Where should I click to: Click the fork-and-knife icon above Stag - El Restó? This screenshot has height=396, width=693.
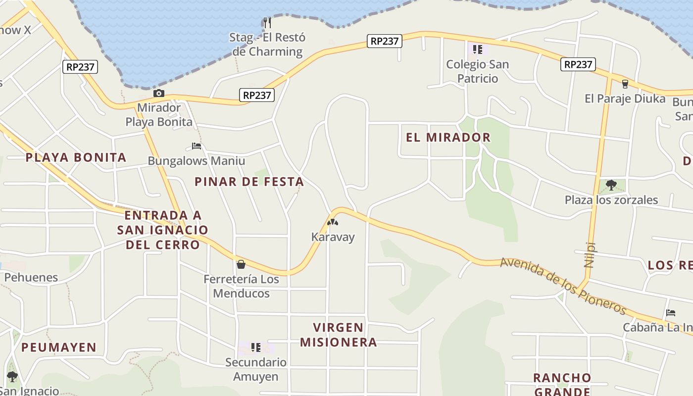267,22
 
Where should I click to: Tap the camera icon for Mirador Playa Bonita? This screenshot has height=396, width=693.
158,93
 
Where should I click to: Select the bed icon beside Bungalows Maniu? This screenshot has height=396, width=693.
197,146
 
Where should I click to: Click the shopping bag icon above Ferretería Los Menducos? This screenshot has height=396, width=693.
241,264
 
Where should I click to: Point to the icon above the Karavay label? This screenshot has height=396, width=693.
333,222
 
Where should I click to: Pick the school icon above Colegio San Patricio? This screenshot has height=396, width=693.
478,49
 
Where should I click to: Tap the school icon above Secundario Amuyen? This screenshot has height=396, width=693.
255,347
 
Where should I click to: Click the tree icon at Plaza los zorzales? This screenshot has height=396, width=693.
611,185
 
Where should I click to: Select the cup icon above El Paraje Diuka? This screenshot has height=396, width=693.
625,84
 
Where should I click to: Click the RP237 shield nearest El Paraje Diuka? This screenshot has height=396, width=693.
578,64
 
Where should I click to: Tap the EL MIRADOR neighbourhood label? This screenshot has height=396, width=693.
448,138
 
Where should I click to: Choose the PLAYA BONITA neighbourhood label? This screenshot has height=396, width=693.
76,158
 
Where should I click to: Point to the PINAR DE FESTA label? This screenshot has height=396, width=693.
249,182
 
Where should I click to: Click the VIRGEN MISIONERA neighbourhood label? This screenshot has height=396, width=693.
339,335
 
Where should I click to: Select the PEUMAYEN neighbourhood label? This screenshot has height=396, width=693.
59,347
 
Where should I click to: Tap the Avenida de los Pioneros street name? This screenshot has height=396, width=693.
563,286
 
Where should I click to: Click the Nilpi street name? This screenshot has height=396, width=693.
589,254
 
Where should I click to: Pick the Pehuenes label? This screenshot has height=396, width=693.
31,277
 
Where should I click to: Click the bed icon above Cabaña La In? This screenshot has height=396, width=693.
671,313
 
